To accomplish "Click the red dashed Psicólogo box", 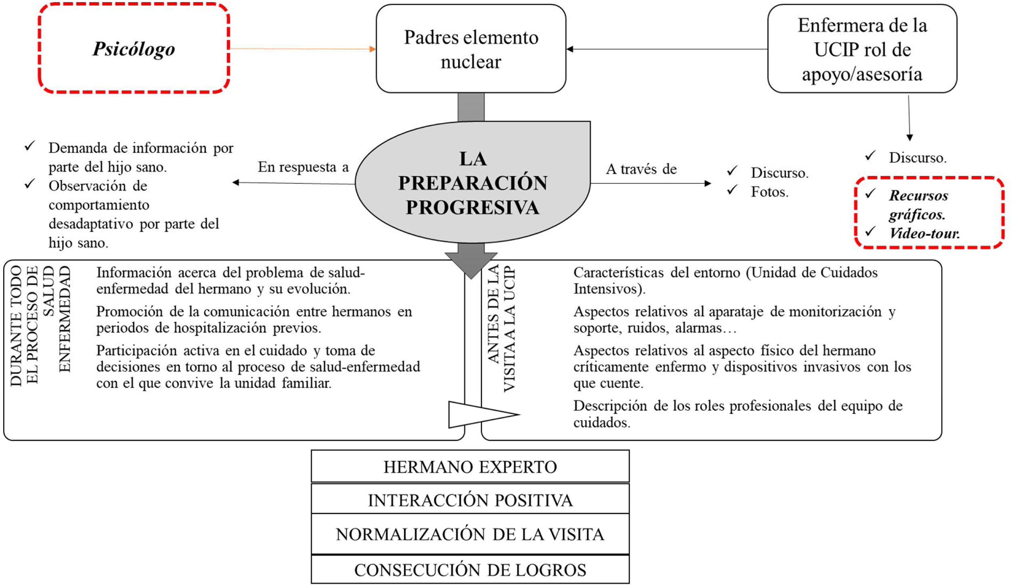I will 134,48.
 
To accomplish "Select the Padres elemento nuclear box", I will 471,49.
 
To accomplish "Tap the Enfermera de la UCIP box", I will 862,49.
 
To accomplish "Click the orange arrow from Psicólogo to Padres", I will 303,49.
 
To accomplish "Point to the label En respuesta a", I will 303,167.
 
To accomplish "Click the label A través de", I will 641,169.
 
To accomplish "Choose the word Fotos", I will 769,192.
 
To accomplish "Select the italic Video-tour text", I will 924,233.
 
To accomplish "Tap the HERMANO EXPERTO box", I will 470,467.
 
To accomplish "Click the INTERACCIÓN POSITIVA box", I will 470,500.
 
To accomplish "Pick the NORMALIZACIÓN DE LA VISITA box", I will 470,534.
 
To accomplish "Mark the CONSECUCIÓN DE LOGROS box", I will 470,570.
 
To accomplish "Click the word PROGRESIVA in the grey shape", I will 472,207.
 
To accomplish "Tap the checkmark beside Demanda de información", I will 30,146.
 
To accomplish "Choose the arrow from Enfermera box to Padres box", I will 666,49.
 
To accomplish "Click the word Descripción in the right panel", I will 610,406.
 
